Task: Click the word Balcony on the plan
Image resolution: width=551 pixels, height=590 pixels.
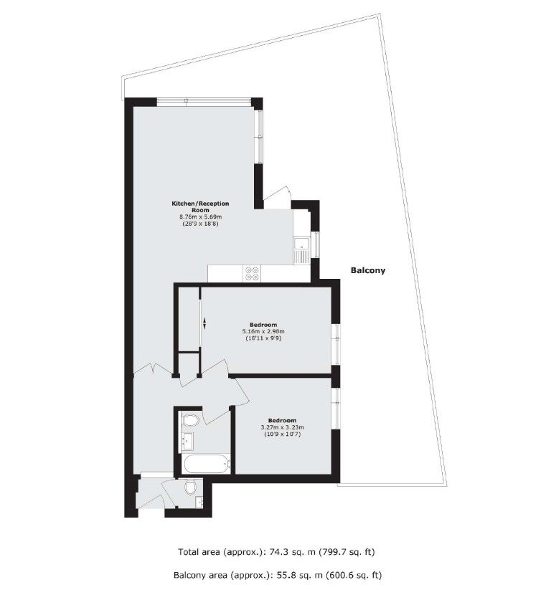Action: (368, 271)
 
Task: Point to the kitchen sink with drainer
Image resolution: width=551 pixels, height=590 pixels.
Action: (301, 249)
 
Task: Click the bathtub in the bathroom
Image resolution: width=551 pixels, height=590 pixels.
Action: (205, 464)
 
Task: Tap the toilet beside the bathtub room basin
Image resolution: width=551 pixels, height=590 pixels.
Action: (192, 420)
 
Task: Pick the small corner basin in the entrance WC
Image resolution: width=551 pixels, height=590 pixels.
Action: (199, 500)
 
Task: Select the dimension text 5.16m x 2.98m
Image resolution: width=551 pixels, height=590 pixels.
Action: (263, 331)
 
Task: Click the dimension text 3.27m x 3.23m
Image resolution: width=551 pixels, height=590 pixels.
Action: (282, 428)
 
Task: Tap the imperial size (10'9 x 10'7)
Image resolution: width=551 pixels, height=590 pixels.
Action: (282, 435)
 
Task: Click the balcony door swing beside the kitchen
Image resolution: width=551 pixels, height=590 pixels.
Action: (275, 196)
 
